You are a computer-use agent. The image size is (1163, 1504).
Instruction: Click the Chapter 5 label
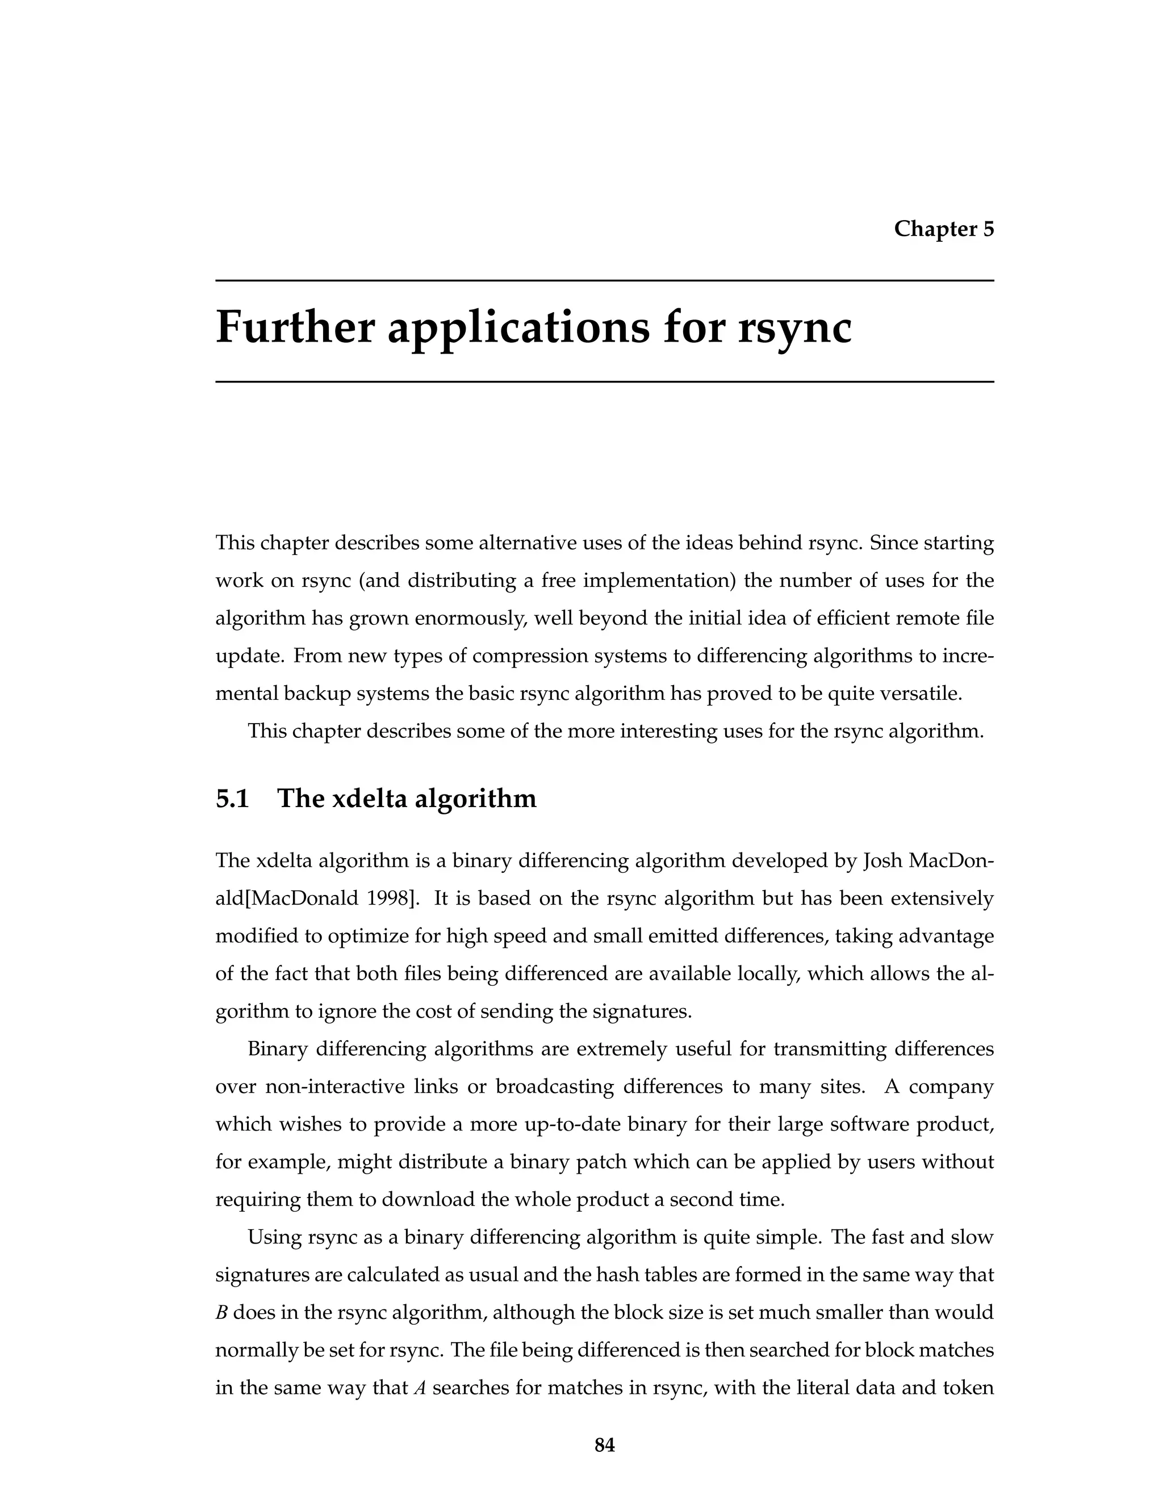[943, 229]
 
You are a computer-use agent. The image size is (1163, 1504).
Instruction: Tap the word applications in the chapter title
[517, 329]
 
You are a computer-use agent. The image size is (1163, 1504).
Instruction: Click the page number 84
[604, 1445]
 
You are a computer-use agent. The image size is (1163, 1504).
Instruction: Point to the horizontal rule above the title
[604, 281]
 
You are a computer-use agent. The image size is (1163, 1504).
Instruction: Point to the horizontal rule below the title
[604, 381]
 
